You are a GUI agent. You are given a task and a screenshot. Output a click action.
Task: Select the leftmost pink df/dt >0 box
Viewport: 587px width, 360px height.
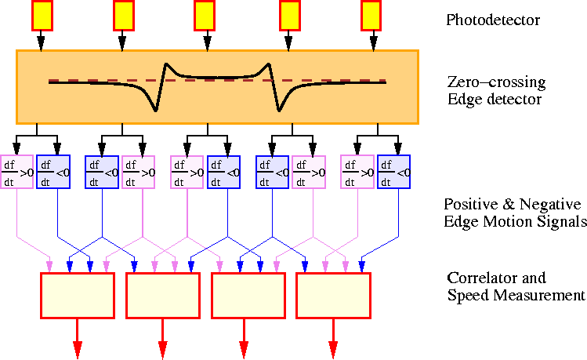(16, 173)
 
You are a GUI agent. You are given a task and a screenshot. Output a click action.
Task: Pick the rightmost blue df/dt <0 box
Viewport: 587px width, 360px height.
(394, 173)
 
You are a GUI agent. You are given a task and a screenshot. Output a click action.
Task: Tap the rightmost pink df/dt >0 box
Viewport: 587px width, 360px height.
(357, 173)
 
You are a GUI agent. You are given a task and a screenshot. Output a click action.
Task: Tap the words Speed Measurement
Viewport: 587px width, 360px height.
(516, 296)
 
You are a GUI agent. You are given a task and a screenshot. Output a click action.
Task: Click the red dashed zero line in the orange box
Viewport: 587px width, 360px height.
(94, 80)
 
